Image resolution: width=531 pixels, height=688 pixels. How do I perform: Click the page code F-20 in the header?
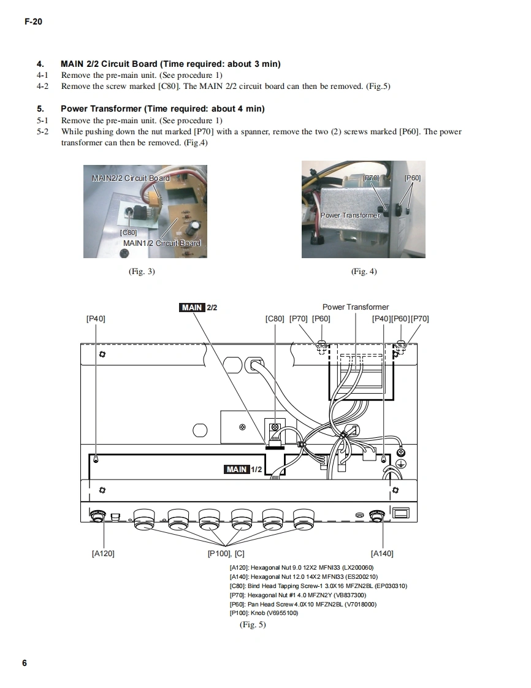click(x=32, y=22)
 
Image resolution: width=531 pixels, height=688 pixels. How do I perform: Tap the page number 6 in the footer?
click(x=25, y=663)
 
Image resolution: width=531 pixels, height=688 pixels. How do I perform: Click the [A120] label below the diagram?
click(x=102, y=553)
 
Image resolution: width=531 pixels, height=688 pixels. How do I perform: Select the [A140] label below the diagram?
click(x=382, y=553)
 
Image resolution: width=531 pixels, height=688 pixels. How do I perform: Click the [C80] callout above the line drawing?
click(x=275, y=318)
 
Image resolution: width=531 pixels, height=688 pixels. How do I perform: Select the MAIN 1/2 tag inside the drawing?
click(x=243, y=469)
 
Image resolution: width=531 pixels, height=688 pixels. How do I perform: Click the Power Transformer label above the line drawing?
click(x=355, y=307)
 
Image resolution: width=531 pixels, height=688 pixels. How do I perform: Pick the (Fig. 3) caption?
click(x=141, y=271)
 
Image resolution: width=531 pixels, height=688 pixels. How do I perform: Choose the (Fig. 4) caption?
click(x=364, y=271)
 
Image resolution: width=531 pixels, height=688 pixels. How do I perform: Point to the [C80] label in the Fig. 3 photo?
click(x=128, y=232)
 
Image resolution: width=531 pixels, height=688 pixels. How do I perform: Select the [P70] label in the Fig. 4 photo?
click(x=371, y=178)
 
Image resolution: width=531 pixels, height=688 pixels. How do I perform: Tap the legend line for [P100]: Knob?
click(x=264, y=612)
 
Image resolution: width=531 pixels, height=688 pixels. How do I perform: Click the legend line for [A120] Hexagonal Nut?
click(x=301, y=567)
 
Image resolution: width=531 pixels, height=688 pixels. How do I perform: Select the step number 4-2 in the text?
click(x=42, y=86)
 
